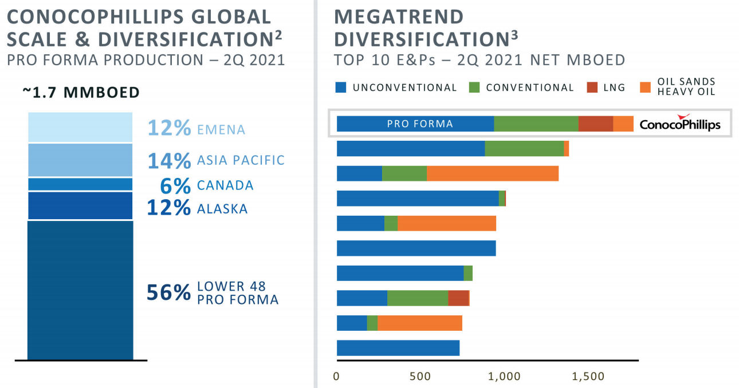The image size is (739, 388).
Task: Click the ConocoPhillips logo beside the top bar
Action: (679, 124)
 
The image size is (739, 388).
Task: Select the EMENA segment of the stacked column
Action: (80, 127)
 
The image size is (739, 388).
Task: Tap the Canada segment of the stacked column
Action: (80, 184)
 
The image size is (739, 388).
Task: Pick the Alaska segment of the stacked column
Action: (80, 206)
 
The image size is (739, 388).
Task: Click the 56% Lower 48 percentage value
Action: (168, 292)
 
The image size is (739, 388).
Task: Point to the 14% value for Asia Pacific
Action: (169, 161)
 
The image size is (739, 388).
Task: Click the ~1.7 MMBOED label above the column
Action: (81, 93)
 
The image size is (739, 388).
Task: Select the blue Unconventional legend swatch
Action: (341, 88)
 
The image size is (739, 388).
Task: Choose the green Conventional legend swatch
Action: (475, 88)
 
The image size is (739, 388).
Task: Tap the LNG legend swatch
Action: (592, 88)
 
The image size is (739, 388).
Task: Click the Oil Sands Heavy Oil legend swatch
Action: (645, 88)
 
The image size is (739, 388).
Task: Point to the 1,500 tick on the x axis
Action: (588, 377)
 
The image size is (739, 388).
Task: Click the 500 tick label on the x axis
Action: (420, 377)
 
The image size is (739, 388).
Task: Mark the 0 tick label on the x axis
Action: (337, 377)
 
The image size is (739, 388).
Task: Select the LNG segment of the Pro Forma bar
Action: (595, 124)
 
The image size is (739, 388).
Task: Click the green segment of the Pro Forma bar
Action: (536, 124)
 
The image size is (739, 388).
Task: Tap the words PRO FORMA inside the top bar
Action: (420, 124)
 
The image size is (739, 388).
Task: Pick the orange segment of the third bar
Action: (492, 173)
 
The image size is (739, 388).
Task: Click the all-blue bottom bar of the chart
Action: (398, 348)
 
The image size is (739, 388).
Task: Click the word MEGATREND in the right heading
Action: (399, 17)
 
